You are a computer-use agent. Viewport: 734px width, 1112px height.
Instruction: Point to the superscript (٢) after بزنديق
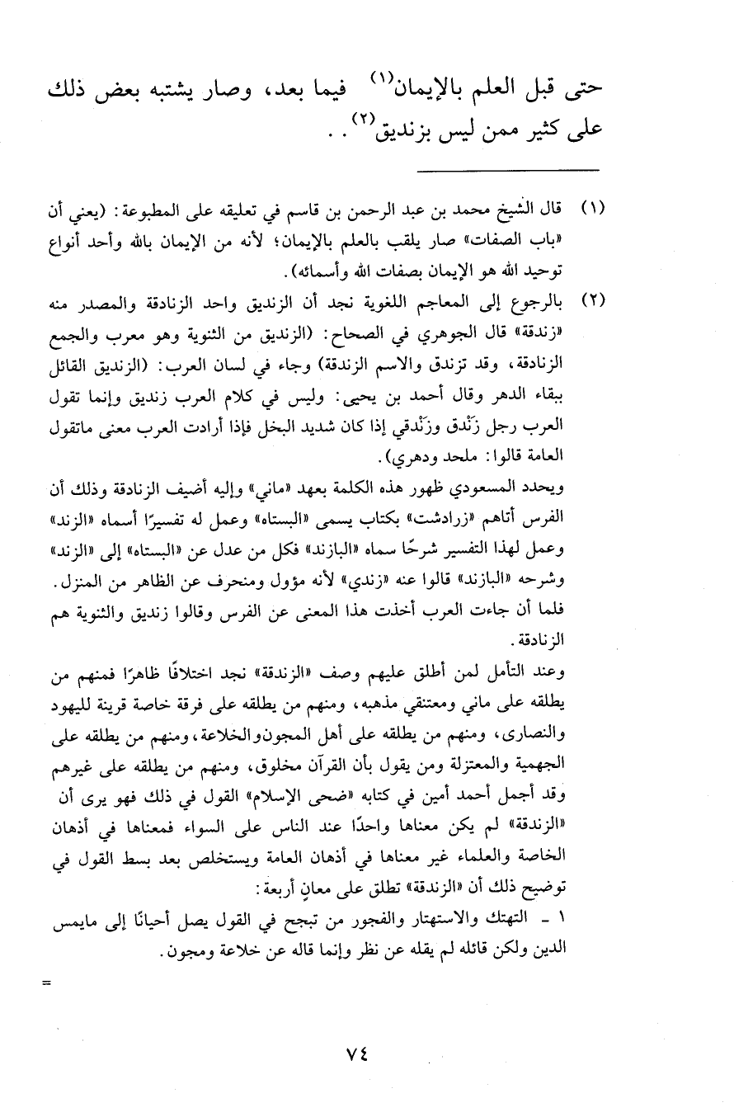click(364, 120)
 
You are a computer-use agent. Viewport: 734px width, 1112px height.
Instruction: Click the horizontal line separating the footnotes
click(506, 171)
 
